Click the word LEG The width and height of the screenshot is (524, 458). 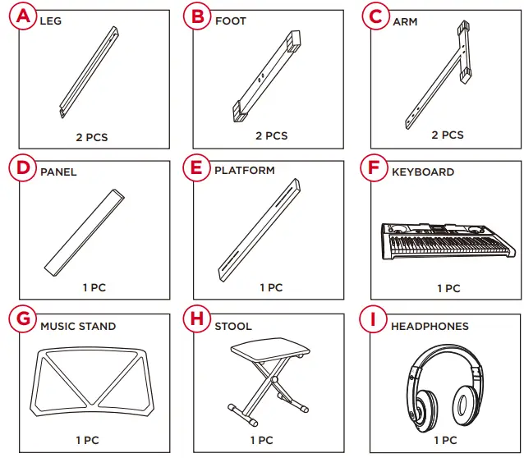(x=50, y=21)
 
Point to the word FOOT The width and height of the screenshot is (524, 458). (x=230, y=21)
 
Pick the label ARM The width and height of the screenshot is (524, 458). (x=405, y=21)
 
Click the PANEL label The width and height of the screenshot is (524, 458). (x=58, y=172)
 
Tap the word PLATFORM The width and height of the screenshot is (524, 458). (x=245, y=171)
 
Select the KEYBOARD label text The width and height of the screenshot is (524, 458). (x=423, y=172)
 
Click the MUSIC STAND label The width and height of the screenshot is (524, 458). (x=78, y=326)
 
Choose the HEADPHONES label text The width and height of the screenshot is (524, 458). (x=430, y=326)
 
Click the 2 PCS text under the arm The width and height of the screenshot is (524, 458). (x=448, y=135)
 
